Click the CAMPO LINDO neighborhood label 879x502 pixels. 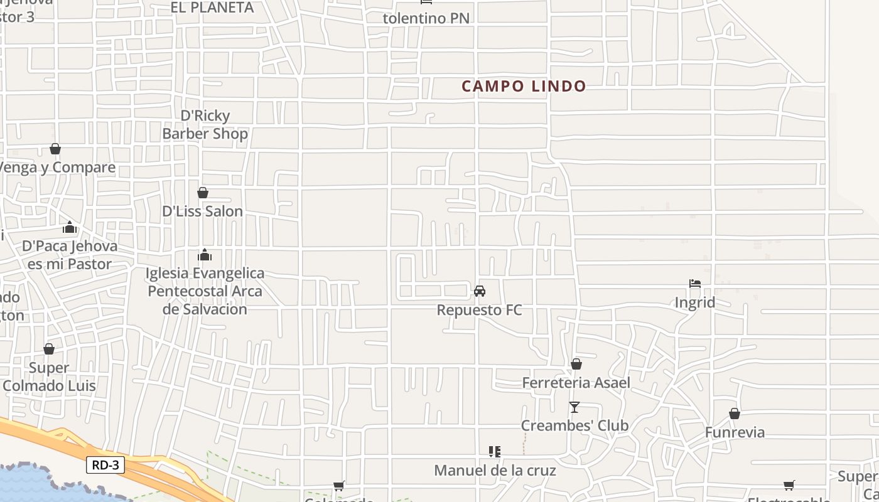(524, 86)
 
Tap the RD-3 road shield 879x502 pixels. (105, 465)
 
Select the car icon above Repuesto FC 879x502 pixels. (480, 291)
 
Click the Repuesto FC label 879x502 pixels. (479, 310)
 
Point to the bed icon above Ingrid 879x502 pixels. (695, 284)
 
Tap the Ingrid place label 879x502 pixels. (694, 302)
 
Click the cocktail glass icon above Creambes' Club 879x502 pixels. (574, 407)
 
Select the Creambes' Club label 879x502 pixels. (574, 425)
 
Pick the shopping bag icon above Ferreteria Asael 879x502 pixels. (576, 364)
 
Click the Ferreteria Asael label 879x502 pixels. (576, 382)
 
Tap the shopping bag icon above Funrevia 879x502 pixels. (735, 414)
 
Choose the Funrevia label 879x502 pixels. (735, 432)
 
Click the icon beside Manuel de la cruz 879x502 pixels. (495, 452)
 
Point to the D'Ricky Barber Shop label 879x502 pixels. (205, 124)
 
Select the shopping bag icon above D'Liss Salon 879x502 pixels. (203, 193)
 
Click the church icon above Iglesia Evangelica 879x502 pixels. (205, 255)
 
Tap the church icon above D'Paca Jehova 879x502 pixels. (70, 227)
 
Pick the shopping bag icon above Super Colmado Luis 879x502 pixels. (49, 349)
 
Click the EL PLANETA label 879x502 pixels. (212, 8)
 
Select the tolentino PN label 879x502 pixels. (426, 18)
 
